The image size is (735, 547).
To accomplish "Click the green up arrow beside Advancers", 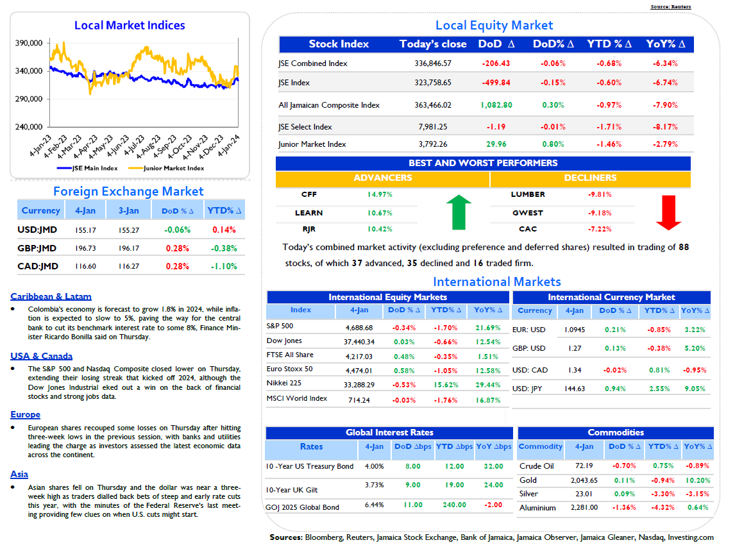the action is click(x=459, y=212).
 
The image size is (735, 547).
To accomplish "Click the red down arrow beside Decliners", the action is click(x=668, y=213).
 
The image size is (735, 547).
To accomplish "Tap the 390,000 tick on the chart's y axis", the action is click(x=29, y=43).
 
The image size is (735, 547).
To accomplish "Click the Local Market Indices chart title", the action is click(x=130, y=25).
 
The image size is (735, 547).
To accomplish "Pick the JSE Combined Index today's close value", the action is click(x=433, y=63).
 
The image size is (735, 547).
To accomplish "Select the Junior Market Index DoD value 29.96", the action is click(x=496, y=144).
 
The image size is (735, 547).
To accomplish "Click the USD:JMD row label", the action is click(x=37, y=230).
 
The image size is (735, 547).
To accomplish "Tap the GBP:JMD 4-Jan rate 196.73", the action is click(x=85, y=248).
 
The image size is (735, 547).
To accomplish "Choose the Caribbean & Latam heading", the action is click(x=51, y=297).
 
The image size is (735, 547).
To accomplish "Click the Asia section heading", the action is click(x=19, y=475).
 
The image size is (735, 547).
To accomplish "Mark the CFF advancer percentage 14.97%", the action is click(x=380, y=194).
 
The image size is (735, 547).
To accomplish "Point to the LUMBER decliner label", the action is click(x=528, y=194).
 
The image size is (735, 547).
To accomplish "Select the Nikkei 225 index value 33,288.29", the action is click(x=359, y=385).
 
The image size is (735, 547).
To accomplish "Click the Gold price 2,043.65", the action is click(x=584, y=480).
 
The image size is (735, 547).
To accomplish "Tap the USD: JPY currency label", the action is click(x=527, y=389).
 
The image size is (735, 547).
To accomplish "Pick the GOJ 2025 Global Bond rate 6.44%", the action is click(x=374, y=505).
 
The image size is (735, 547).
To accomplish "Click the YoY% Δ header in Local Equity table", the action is click(x=666, y=44).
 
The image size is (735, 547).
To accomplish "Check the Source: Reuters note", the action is click(x=671, y=6).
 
